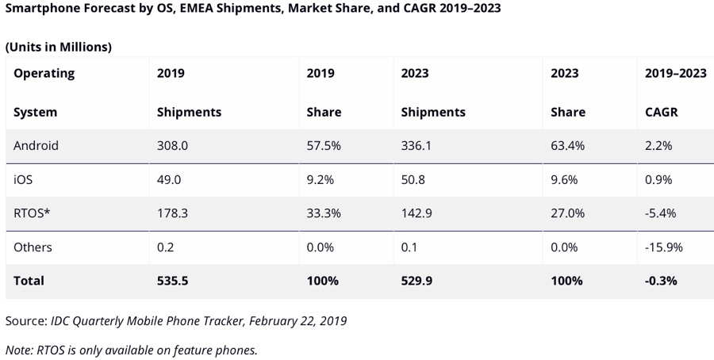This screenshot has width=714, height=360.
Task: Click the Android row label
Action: (36, 146)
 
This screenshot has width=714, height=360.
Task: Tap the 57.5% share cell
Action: (323, 146)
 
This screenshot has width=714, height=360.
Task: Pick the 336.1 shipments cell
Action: (417, 146)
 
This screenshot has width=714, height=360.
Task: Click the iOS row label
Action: (24, 180)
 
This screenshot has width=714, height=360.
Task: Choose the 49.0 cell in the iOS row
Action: (169, 180)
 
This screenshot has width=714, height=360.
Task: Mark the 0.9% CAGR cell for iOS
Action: (658, 180)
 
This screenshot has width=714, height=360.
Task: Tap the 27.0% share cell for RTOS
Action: (567, 213)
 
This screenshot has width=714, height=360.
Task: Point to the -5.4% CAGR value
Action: (661, 213)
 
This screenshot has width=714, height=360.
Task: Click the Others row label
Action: (33, 247)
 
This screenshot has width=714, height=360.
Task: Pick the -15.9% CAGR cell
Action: (664, 247)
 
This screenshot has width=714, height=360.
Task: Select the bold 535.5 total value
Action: (173, 281)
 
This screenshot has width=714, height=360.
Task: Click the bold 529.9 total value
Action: (417, 281)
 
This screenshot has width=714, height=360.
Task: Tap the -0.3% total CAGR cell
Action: (661, 281)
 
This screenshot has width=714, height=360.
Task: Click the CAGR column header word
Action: (662, 112)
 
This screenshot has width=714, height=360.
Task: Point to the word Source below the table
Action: (25, 321)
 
